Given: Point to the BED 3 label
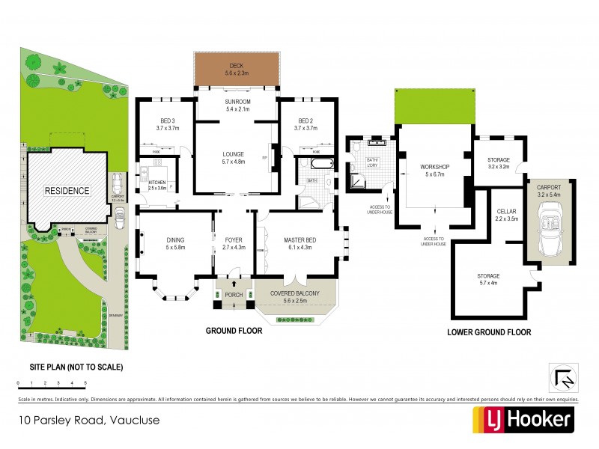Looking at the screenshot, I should [167, 124].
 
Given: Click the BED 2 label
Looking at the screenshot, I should [307, 124].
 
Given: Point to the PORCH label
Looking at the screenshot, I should [234, 294].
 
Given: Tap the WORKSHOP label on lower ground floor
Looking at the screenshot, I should [434, 169].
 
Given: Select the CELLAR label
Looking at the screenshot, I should [508, 216].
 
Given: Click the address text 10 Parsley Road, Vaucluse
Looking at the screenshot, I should [89, 421].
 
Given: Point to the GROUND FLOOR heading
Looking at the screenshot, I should [234, 331].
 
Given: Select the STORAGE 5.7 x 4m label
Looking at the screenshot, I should [488, 280].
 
